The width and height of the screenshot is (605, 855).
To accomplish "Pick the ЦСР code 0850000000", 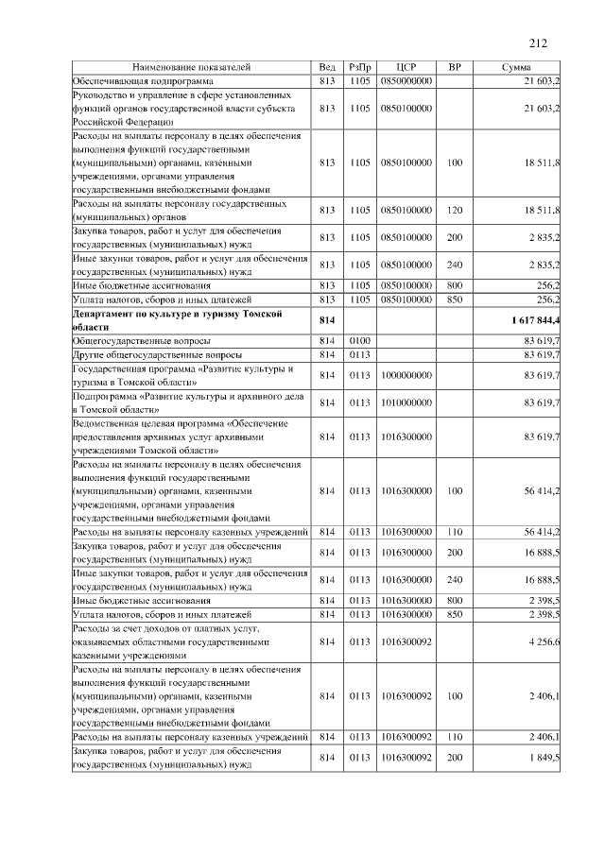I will click(406, 82).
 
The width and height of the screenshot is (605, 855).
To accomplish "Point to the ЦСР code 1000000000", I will click(406, 376).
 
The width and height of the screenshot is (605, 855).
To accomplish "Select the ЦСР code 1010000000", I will click(406, 403).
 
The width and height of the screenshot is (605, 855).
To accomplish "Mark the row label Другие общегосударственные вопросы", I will click(157, 354).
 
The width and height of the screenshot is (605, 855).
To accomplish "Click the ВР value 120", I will click(455, 210).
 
